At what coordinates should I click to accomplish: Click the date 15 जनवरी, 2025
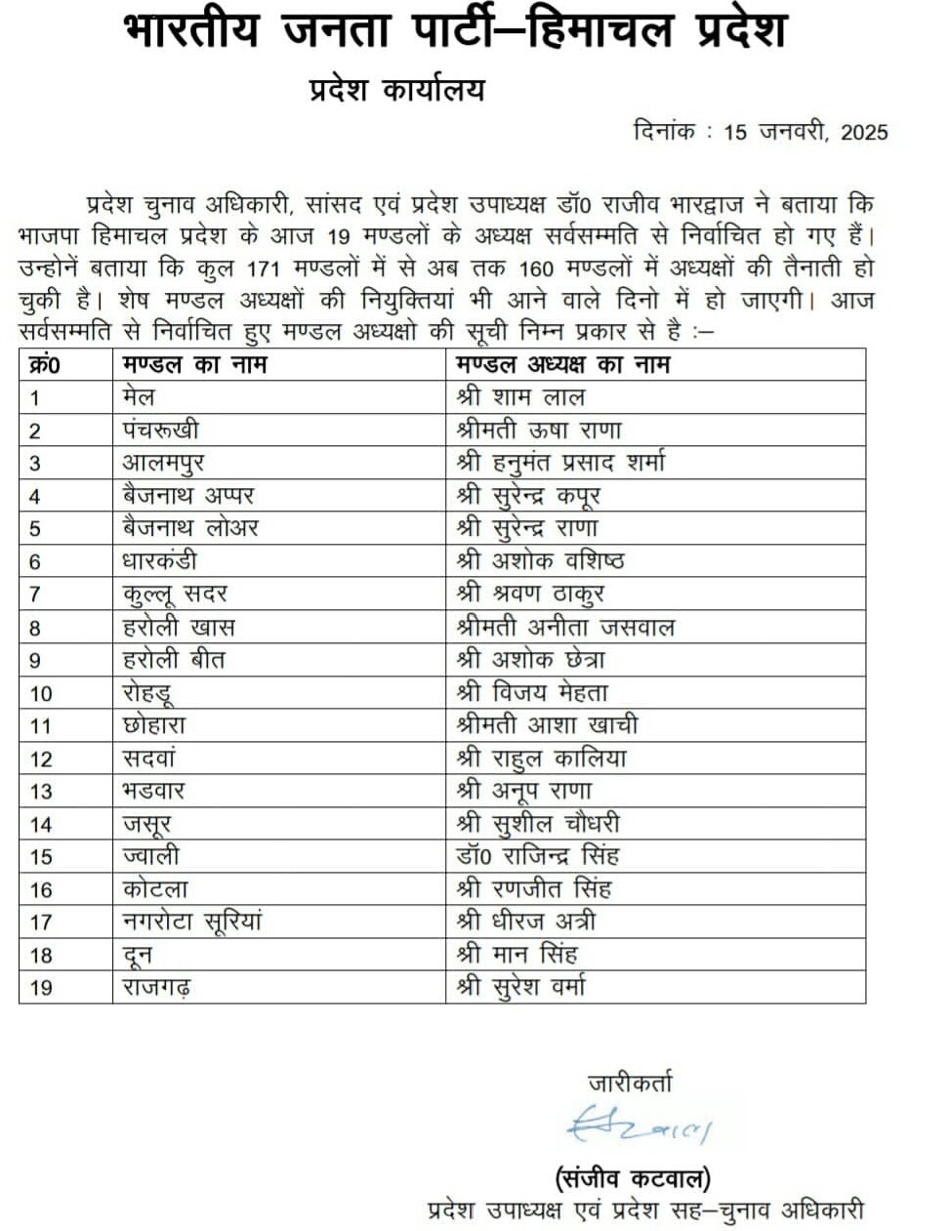point(805,132)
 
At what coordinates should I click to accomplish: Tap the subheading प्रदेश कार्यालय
point(396,91)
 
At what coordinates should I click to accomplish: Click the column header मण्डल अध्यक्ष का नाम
point(562,365)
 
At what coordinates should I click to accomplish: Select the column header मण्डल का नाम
point(194,365)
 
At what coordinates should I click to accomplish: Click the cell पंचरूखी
point(162,431)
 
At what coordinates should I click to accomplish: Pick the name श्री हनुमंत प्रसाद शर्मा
point(560,463)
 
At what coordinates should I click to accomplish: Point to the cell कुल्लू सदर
point(176,595)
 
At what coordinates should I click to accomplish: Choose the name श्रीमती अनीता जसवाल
point(565,627)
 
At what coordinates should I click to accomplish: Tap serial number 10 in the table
point(41,693)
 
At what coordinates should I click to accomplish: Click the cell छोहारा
point(154,725)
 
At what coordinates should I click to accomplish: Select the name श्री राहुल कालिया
point(542,759)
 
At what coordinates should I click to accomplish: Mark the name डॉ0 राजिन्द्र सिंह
point(537,856)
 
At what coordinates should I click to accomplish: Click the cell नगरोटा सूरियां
point(193,922)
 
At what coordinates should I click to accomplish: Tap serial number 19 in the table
point(41,987)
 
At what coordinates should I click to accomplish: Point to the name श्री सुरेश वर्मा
point(521,987)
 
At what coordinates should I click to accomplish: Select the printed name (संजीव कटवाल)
point(634,1177)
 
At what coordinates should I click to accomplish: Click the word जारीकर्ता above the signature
point(630,1082)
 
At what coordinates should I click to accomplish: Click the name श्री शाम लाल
point(520,397)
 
